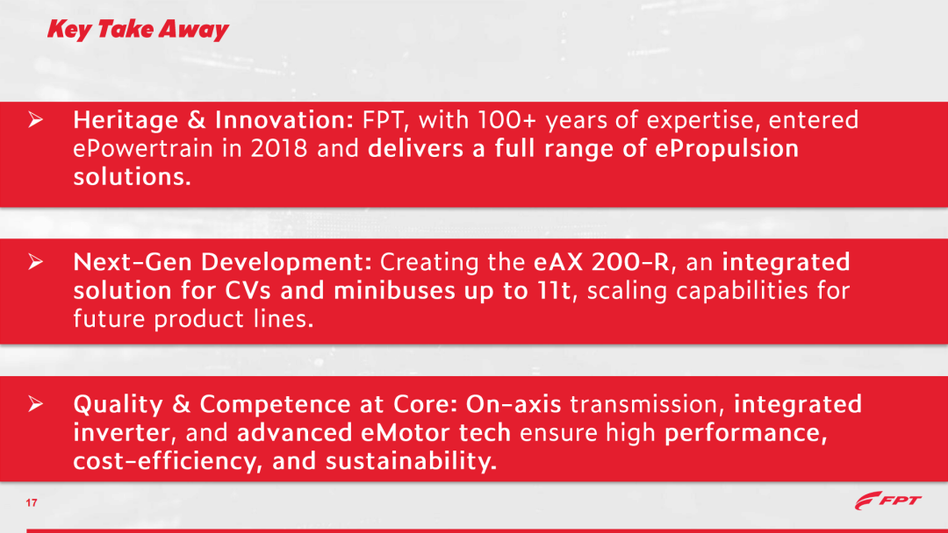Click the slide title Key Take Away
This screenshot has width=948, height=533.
pos(138,30)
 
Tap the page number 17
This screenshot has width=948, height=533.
pos(32,503)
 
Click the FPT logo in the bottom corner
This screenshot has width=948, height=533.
pos(887,501)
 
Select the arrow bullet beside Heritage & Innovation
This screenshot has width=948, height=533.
pos(36,119)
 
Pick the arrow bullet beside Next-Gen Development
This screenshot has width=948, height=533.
pos(36,261)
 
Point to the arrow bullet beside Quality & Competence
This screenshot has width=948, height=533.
pos(36,404)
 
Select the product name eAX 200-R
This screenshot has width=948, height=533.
pos(601,262)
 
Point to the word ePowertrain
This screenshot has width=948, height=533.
pos(143,148)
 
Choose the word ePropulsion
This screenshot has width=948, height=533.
pos(727,148)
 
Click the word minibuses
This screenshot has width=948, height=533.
pos(394,290)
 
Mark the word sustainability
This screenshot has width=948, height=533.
pos(411,461)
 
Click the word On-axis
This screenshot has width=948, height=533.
pos(513,404)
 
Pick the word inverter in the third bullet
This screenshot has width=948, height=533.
pos(121,433)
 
